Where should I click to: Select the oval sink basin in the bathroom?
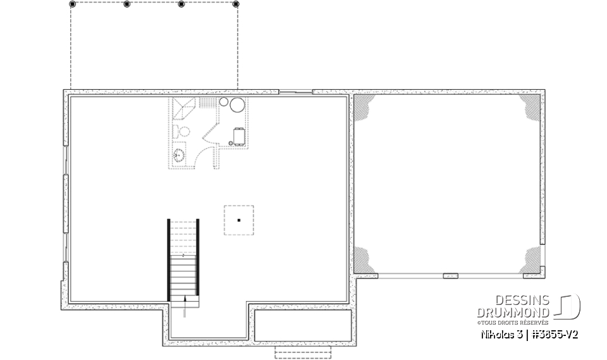point(179,154)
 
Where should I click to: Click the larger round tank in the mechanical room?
point(236,105)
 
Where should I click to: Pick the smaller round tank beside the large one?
point(223,101)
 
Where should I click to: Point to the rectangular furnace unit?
point(239,137)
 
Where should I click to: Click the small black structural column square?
point(239,220)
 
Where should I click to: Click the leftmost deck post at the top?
point(71,4)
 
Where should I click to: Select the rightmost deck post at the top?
point(236,4)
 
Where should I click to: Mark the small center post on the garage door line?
point(450,275)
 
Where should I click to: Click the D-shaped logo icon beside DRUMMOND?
point(567,306)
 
